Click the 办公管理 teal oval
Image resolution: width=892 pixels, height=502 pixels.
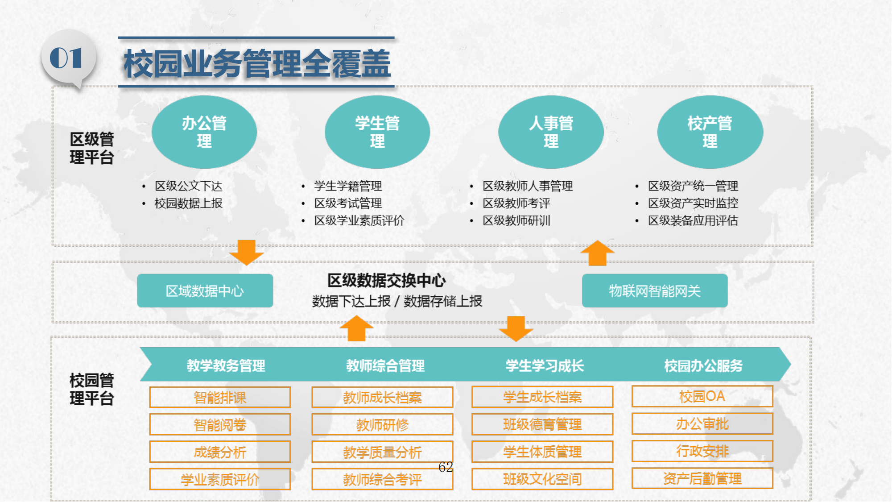point(204,132)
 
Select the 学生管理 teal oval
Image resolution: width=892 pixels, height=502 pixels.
point(377,132)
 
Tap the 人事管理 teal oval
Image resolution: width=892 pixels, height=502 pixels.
point(551,132)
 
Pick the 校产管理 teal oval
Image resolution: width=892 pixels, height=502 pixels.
point(710,132)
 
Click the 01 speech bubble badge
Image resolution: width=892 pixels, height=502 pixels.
point(68,59)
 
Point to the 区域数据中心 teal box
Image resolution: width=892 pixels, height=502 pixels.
point(205,290)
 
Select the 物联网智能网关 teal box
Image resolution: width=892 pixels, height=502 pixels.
point(655,290)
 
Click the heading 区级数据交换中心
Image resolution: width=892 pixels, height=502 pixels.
point(387,281)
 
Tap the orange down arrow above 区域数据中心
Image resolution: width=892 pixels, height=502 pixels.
point(246,252)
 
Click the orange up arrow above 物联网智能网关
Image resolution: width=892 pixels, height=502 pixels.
point(597,253)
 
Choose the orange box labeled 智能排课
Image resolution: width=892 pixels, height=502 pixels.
point(220,397)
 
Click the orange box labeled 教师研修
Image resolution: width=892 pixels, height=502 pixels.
point(382,424)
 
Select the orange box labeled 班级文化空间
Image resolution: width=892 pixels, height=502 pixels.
point(542,479)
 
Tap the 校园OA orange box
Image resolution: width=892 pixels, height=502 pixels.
point(702,396)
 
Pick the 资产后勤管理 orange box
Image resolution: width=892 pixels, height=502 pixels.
point(702,478)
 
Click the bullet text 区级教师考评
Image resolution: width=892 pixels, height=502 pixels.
point(516,203)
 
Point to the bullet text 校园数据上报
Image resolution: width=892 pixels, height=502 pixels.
point(188,203)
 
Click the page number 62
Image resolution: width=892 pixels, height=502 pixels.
point(446,467)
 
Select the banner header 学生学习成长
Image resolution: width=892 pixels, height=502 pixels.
point(545,366)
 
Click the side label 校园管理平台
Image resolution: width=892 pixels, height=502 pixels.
point(91,389)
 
